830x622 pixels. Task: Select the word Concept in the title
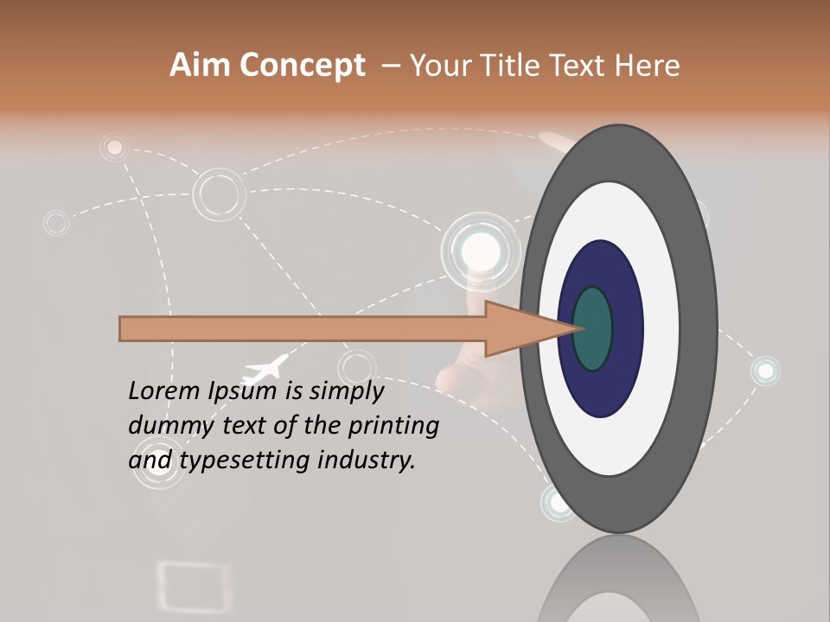coord(303,67)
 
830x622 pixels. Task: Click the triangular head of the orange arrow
coord(519,329)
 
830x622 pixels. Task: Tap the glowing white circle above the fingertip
coord(480,251)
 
